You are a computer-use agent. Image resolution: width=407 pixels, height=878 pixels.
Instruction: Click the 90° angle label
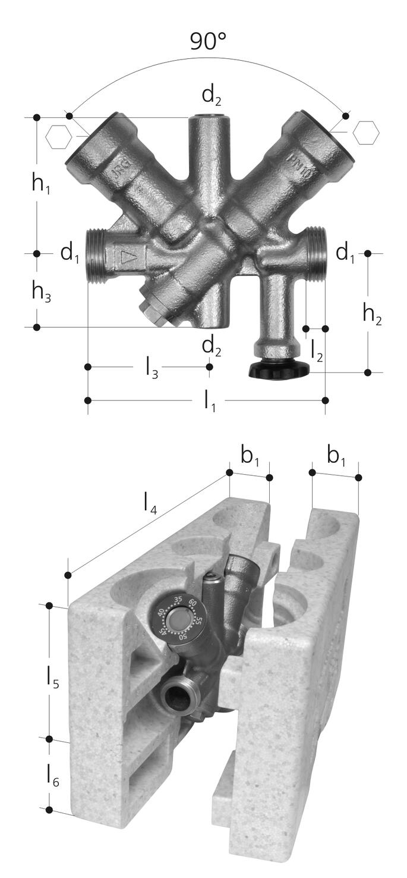tap(209, 41)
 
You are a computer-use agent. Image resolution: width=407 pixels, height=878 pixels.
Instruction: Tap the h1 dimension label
tap(41, 184)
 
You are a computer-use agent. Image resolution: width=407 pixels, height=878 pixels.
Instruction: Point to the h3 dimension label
tap(41, 291)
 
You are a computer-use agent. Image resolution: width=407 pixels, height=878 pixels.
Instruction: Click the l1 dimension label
tap(209, 402)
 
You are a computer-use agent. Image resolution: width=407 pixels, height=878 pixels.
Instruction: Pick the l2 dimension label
tap(317, 352)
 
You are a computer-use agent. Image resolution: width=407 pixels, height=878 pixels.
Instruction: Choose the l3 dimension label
tap(152, 369)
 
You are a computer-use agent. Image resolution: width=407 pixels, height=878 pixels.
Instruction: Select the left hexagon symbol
tap(59, 137)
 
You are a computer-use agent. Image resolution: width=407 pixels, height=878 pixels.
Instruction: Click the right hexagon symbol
tap(365, 132)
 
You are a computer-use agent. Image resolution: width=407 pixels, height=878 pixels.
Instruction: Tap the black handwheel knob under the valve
tap(279, 369)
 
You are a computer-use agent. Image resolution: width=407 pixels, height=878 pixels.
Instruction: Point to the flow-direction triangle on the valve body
tap(128, 257)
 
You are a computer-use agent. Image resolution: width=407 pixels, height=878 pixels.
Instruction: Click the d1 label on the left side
tap(70, 253)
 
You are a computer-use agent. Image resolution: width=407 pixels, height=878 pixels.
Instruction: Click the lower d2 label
tap(212, 346)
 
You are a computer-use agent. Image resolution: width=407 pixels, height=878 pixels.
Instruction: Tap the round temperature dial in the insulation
tap(178, 620)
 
